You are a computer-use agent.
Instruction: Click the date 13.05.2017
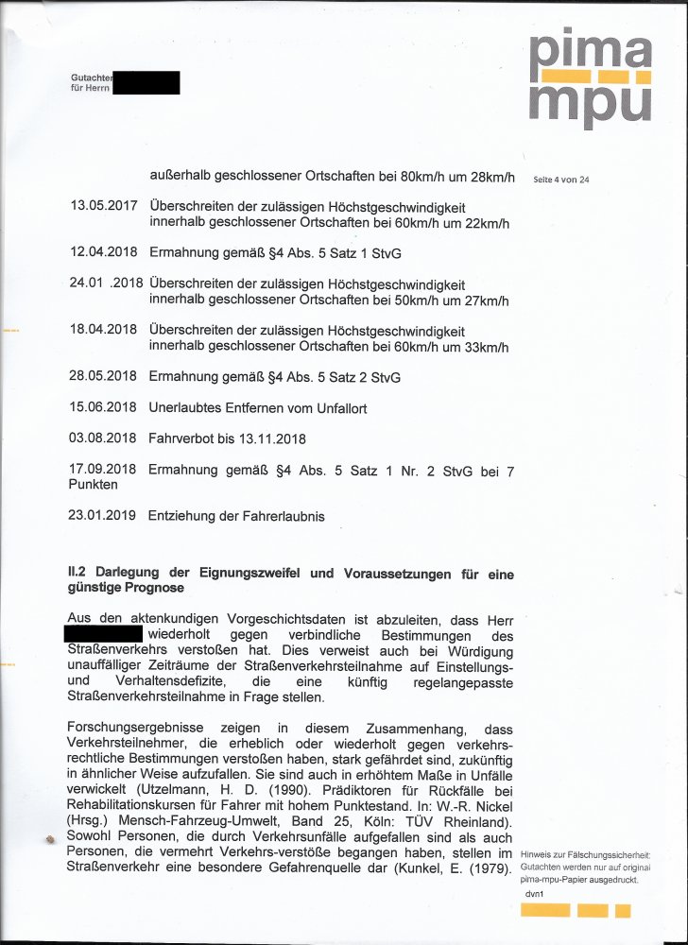(x=103, y=207)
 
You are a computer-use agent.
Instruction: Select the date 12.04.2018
(x=103, y=252)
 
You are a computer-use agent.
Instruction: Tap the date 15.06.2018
(x=103, y=408)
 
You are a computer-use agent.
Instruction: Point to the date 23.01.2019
(x=103, y=516)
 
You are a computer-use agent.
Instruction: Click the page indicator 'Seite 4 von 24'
(x=561, y=180)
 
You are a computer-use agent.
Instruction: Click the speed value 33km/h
(x=486, y=347)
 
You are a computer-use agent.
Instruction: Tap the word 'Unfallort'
(x=337, y=408)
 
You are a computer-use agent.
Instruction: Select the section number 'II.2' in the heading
(x=79, y=573)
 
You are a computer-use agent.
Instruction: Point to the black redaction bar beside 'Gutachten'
(x=146, y=82)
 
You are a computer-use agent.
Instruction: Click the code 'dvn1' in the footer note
(x=535, y=893)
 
